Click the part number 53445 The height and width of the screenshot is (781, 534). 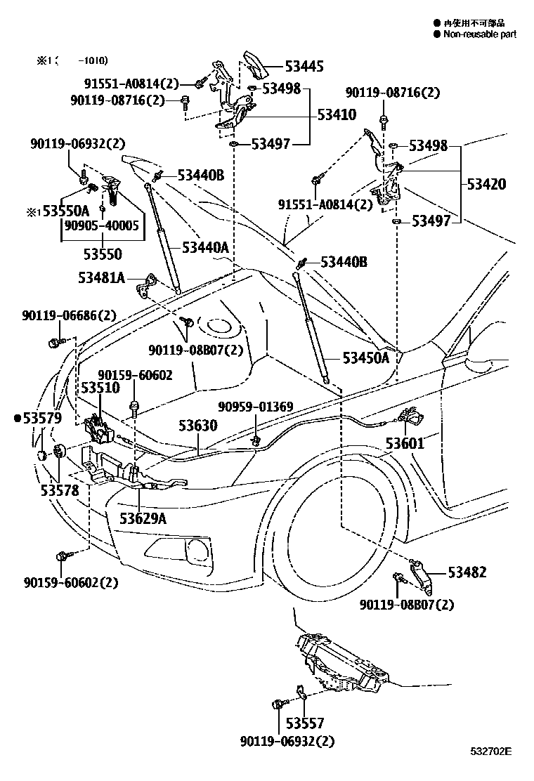304,67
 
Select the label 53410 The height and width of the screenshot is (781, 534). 337,114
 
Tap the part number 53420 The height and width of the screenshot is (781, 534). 487,185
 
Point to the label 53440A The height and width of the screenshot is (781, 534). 205,247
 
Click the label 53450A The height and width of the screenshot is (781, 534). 366,357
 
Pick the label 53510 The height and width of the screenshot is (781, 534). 100,388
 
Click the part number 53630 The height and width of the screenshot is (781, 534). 197,426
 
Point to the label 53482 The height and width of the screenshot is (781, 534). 467,572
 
